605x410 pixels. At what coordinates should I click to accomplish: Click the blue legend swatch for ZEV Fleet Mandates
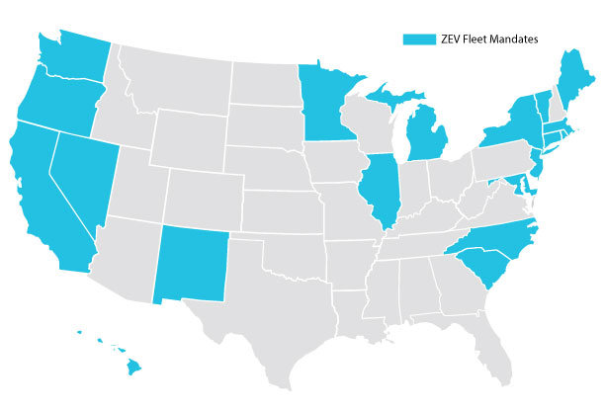click(x=419, y=39)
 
